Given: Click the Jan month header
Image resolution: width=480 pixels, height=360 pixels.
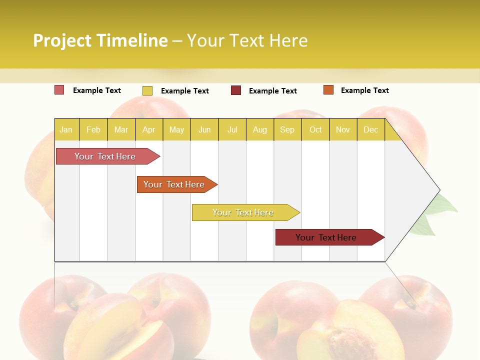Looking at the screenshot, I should [66, 129].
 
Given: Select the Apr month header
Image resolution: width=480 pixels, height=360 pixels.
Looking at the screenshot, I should [148, 129].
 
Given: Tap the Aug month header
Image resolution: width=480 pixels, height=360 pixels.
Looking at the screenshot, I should [259, 129].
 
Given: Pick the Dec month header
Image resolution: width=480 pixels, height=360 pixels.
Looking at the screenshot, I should [370, 129].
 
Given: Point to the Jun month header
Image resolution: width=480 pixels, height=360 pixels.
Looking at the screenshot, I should [204, 129].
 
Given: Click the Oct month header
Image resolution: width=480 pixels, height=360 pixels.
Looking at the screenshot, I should [315, 129].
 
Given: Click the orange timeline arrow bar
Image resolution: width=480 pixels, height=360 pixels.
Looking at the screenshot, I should [175, 184].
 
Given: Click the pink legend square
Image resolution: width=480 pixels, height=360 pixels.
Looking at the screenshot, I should [59, 90].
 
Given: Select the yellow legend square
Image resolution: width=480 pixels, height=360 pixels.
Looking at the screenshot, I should [147, 90].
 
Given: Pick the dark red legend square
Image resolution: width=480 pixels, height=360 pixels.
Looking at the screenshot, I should [236, 90].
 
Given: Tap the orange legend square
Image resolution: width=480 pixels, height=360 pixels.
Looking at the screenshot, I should [328, 90].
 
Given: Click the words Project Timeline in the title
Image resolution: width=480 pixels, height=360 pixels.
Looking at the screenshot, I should [100, 40].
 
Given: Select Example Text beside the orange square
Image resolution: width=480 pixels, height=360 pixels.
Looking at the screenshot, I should [364, 90].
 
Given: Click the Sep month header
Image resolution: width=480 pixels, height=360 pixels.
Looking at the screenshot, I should [287, 129].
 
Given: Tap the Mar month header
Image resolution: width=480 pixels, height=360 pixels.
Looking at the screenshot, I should [121, 129].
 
